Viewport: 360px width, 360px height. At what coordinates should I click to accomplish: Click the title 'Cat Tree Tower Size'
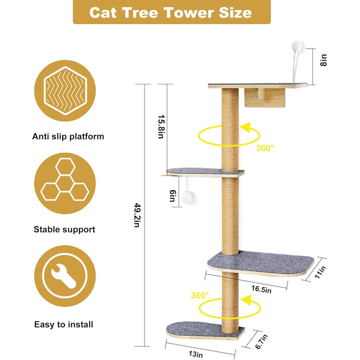(171, 12)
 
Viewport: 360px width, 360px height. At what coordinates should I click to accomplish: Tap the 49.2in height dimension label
(137, 215)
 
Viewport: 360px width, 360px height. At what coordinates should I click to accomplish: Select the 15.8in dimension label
(160, 127)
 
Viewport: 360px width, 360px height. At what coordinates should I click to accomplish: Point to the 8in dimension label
(323, 60)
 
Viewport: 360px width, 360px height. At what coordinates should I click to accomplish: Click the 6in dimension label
(173, 195)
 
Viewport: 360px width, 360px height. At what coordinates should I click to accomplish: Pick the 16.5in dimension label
(261, 289)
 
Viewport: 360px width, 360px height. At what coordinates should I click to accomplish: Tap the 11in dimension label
(320, 272)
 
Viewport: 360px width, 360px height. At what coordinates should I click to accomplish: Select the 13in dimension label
(196, 354)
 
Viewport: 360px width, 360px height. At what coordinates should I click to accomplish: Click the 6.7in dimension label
(261, 341)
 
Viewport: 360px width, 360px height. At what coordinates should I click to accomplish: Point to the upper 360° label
(265, 148)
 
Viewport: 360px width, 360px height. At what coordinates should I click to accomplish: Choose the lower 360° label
(200, 295)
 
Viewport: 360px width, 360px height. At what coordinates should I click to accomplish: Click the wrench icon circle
(65, 276)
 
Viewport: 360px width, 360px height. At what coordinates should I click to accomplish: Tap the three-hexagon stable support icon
(65, 183)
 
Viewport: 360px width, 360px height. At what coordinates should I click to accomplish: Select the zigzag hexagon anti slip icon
(65, 91)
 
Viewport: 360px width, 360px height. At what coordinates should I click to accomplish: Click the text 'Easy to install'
(64, 325)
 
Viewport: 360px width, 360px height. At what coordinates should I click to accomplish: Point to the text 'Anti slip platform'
(68, 136)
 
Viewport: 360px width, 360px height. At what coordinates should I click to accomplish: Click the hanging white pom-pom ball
(189, 197)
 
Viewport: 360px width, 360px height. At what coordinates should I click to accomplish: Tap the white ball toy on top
(298, 47)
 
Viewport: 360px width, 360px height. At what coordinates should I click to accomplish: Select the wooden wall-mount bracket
(265, 98)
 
